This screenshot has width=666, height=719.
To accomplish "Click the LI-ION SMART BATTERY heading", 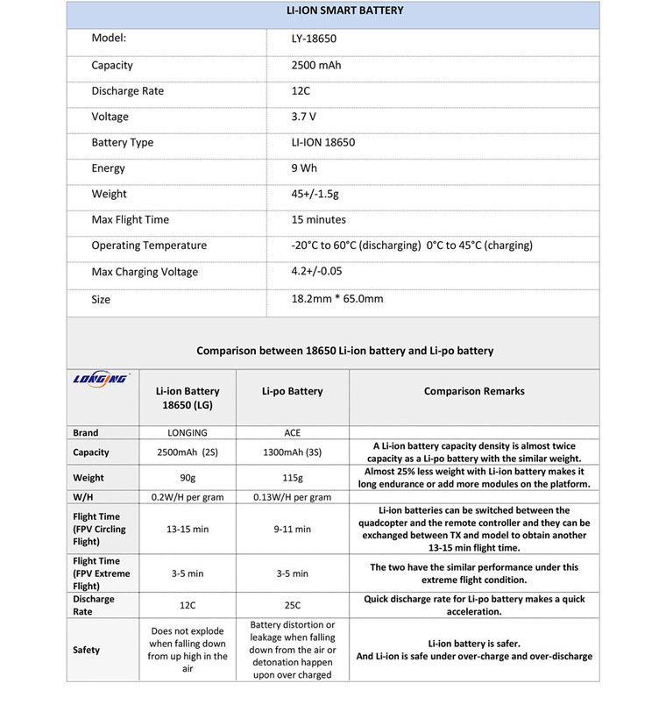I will pyautogui.click(x=333, y=11).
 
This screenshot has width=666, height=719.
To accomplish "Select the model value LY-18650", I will pyautogui.click(x=314, y=39).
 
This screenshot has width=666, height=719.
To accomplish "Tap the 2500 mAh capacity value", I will pyautogui.click(x=316, y=66).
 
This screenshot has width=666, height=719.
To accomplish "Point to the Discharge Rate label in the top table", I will pyautogui.click(x=127, y=91).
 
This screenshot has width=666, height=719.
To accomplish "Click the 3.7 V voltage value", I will pyautogui.click(x=304, y=117).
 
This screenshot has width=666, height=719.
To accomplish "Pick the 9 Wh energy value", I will pyautogui.click(x=304, y=168).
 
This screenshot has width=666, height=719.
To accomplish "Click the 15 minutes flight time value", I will pyautogui.click(x=318, y=220).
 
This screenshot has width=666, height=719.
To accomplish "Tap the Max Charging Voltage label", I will pyautogui.click(x=145, y=272).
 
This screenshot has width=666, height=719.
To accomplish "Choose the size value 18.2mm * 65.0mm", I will pyautogui.click(x=337, y=299).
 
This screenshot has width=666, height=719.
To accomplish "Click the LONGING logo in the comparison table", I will pyautogui.click(x=101, y=379).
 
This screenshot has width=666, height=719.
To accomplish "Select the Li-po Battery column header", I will pyautogui.click(x=292, y=392).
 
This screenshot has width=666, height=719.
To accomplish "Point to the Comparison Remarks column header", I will pyautogui.click(x=474, y=392).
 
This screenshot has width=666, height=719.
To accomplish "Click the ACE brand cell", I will pyautogui.click(x=292, y=433).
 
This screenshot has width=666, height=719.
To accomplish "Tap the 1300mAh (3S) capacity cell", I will pyautogui.click(x=292, y=452).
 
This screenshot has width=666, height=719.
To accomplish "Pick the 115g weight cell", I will pyautogui.click(x=292, y=478).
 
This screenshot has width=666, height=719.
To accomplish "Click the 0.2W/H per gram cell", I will pyautogui.click(x=188, y=497).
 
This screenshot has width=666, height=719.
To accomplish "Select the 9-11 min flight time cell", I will pyautogui.click(x=292, y=529).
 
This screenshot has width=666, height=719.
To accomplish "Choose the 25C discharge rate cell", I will pyautogui.click(x=292, y=605).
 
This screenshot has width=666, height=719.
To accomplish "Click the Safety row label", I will pyautogui.click(x=87, y=650).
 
